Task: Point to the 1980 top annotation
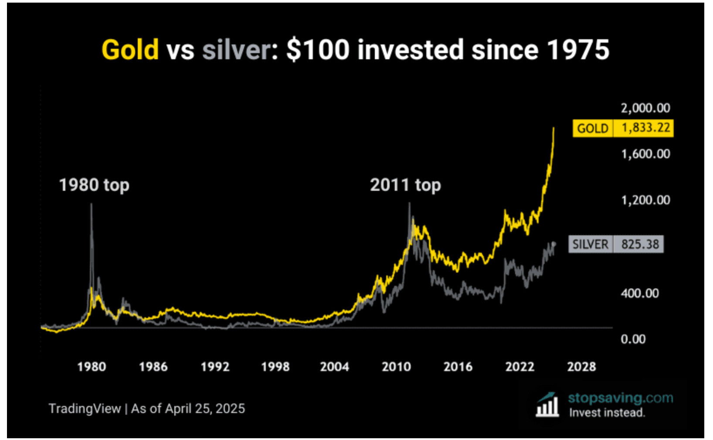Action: click(94, 185)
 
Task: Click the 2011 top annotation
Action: click(405, 185)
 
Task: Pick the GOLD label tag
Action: click(592, 129)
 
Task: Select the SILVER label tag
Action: click(590, 244)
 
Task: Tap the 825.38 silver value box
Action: click(640, 244)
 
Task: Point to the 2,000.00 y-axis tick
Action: click(645, 108)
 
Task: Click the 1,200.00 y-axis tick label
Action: click(645, 200)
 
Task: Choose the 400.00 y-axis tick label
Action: click(639, 293)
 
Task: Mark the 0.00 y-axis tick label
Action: click(633, 339)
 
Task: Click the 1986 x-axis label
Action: click(153, 367)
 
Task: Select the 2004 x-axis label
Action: click(334, 367)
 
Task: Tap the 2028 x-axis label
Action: click(581, 367)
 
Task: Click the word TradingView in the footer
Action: click(85, 409)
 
